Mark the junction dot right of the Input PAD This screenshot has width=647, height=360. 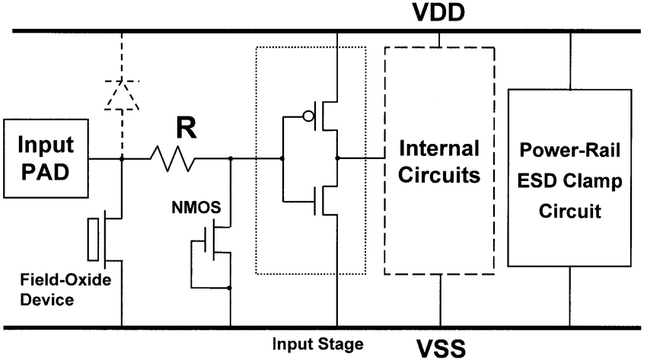[122, 159]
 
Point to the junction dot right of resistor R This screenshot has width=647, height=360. [230, 159]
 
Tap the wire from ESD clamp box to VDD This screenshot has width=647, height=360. [569, 61]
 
